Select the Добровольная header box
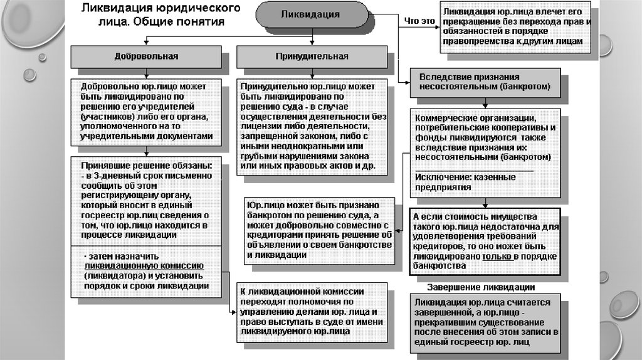[145, 56]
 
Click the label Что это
[419, 21]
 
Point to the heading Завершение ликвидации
[481, 288]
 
